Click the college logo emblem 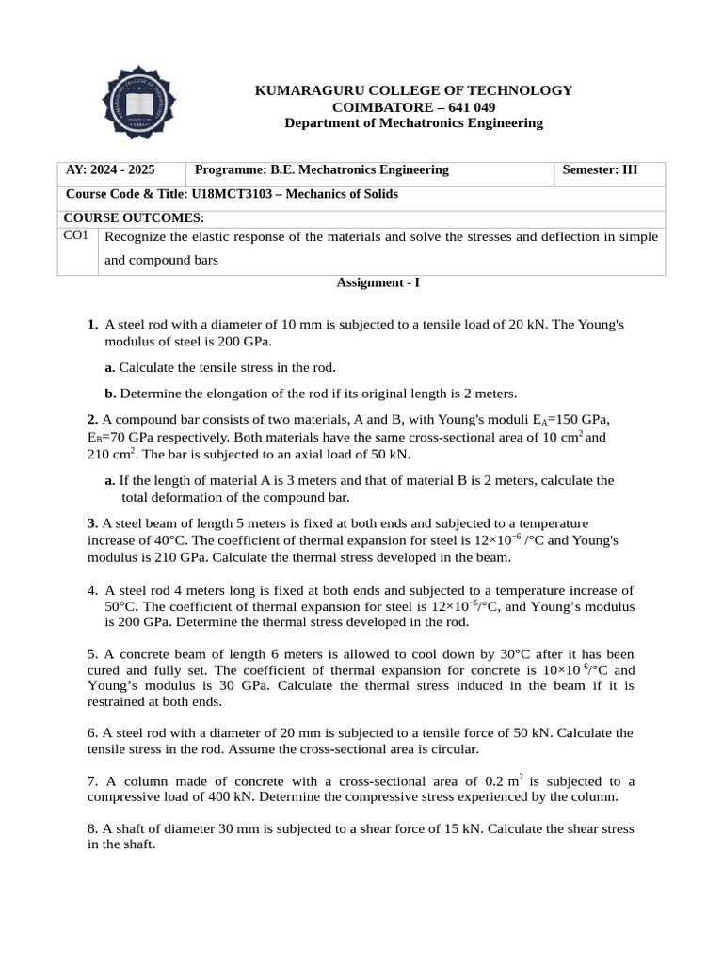pyautogui.click(x=138, y=102)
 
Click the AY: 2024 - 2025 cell pyautogui.click(x=110, y=170)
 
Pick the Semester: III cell pyautogui.click(x=600, y=170)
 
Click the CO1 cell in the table pyautogui.click(x=76, y=235)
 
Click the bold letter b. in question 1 pyautogui.click(x=110, y=394)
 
